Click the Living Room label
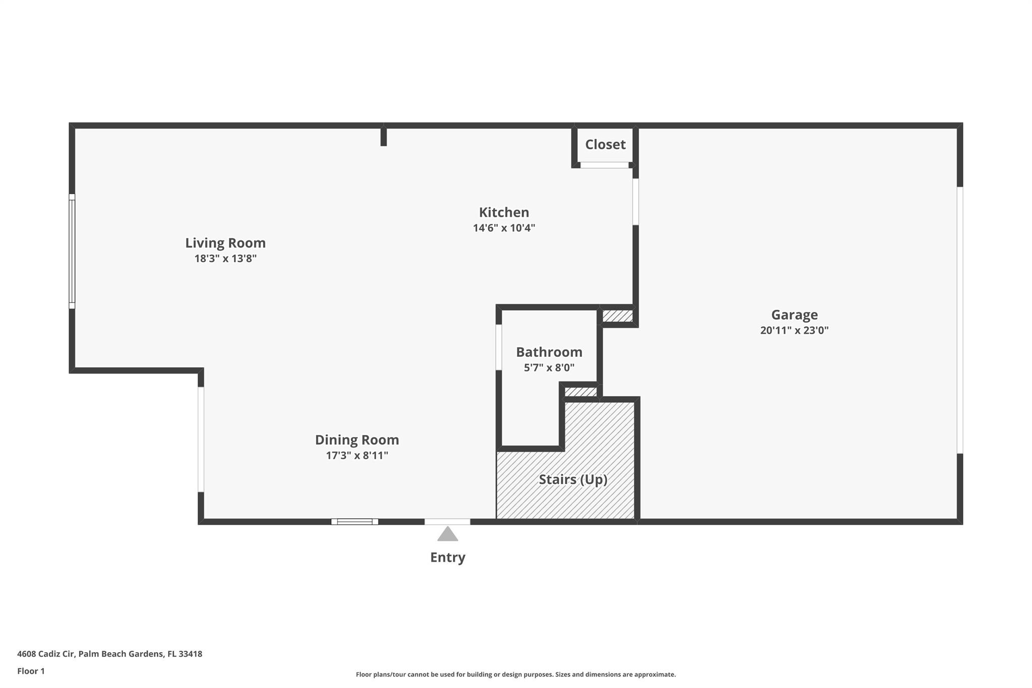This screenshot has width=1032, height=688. pos(225,243)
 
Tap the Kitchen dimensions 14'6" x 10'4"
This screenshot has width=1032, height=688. pos(504,228)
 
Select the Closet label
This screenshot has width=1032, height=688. pos(605,145)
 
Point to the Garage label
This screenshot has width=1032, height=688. pos(794,315)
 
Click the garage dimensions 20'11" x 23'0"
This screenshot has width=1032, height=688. pos(794,331)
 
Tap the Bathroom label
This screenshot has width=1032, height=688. pos(549,352)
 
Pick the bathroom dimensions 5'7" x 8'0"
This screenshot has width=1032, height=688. pos(549,368)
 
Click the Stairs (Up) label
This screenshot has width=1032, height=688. pos(573,479)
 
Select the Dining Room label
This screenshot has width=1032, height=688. pos(357,440)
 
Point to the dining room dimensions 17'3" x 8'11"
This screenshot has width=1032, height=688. pos(357,456)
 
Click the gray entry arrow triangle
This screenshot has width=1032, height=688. pos(447,534)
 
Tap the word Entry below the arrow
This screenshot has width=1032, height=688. pos(447,557)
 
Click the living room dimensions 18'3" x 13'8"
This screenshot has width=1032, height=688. pos(225,259)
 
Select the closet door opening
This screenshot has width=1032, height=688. pos(605,165)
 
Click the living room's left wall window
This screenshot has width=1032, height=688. pos(72,251)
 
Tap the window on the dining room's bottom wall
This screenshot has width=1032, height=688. pos(355,522)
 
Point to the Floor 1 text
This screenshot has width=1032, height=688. pos(31,671)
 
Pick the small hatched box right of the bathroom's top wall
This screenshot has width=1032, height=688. pos(617,316)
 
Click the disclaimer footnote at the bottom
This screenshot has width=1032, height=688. pos(515,674)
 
